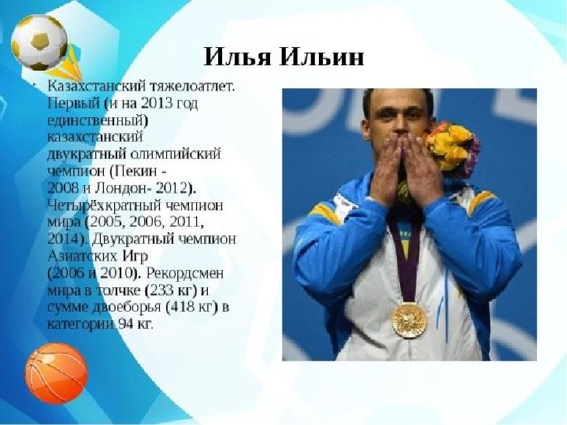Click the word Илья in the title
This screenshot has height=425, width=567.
(236, 57)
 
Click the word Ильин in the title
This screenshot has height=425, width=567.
(321, 57)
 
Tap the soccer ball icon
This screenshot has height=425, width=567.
(39, 42)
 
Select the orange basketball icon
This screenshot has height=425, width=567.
(56, 373)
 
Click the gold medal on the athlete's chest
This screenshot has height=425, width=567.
(409, 320)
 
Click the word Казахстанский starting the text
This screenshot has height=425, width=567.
(96, 87)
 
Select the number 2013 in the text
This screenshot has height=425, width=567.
(156, 104)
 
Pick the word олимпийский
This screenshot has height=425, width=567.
(176, 154)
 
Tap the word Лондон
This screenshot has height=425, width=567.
(123, 188)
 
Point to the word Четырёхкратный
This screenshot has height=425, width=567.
(105, 205)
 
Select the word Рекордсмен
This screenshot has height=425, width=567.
(185, 273)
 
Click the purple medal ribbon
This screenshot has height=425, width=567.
(407, 261)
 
